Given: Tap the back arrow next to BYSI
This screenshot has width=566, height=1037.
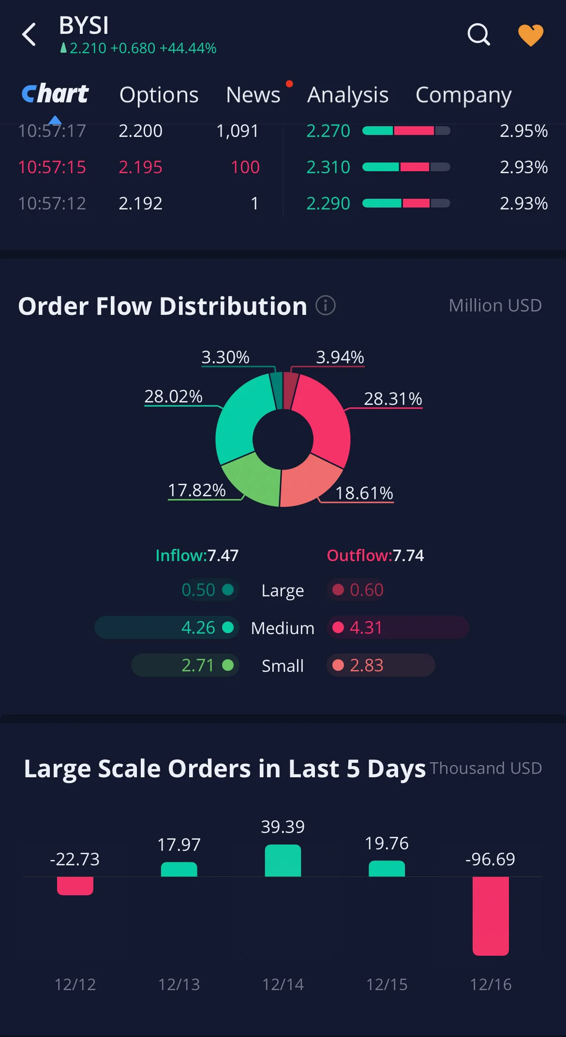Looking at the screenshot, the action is (x=29, y=34).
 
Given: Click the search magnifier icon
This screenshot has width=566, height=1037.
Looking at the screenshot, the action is (x=478, y=34).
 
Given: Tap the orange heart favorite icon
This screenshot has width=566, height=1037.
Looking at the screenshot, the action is (x=531, y=35).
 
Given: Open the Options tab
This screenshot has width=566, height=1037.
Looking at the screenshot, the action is (x=159, y=95).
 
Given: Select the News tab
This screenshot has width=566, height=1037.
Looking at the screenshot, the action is (x=253, y=95).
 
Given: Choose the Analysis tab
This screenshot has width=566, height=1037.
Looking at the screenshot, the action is (x=348, y=95).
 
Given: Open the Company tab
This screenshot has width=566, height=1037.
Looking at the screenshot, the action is (x=463, y=95).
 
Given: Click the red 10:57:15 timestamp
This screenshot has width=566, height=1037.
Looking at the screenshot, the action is (x=52, y=167).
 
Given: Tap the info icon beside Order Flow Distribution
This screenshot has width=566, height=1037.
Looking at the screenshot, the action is (x=326, y=305).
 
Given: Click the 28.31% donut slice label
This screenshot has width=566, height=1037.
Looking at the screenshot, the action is (x=393, y=399).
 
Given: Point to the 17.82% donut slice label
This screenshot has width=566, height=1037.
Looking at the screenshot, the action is (x=196, y=490).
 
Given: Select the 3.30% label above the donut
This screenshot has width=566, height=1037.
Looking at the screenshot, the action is (x=225, y=357).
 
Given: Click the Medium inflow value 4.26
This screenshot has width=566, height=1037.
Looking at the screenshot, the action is (x=198, y=627).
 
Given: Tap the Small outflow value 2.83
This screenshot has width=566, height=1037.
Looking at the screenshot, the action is (x=367, y=665).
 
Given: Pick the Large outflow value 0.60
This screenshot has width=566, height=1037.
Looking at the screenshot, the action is (x=367, y=590).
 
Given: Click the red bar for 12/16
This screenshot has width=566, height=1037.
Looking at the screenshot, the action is (x=491, y=916).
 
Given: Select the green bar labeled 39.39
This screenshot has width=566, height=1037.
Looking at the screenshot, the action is (x=283, y=860).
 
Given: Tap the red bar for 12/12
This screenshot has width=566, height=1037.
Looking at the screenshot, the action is (x=75, y=886).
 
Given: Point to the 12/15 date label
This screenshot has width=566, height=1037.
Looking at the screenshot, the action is (x=387, y=984).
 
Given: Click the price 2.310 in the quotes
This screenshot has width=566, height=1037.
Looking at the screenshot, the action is (x=328, y=167).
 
